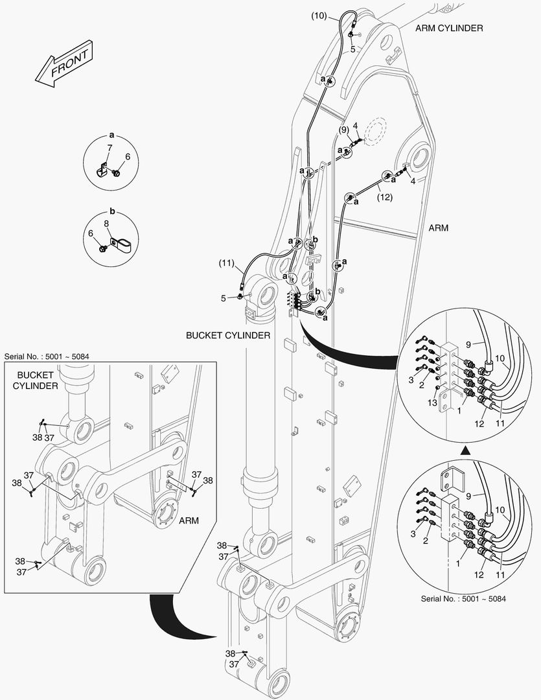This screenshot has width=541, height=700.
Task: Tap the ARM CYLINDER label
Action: (x=449, y=28)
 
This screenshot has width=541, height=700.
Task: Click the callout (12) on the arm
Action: (x=385, y=198)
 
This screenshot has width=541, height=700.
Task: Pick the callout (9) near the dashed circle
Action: (x=343, y=130)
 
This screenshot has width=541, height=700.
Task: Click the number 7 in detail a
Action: (x=109, y=148)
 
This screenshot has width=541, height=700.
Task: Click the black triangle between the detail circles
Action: (x=465, y=448)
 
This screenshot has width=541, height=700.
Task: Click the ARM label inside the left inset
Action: (x=189, y=520)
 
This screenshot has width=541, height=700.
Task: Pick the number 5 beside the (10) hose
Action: (x=353, y=49)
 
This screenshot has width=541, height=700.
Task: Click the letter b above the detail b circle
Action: (x=111, y=212)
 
